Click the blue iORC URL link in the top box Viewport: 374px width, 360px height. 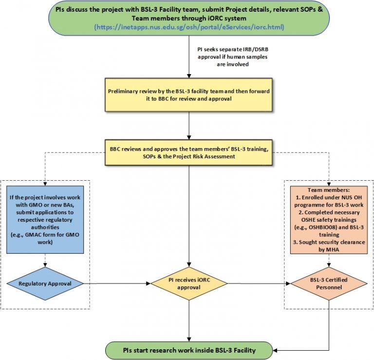[189, 27]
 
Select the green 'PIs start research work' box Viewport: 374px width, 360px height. [188, 348]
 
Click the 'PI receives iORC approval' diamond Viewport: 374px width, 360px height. [188, 284]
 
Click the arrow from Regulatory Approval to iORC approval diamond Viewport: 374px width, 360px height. [117, 283]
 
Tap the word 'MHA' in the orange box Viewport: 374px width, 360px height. [336, 249]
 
